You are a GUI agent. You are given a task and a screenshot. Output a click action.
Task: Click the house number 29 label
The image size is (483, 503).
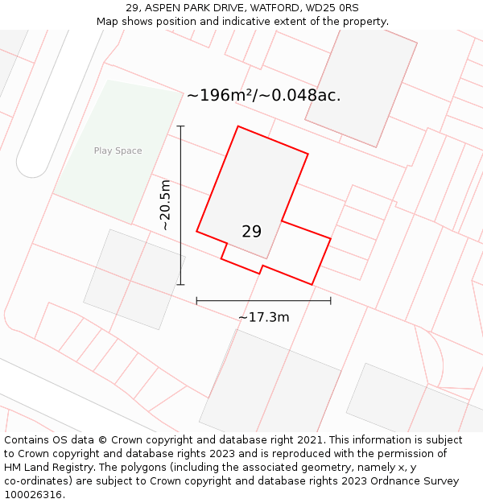[251, 232]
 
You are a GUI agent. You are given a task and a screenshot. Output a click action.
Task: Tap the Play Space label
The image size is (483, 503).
[118, 150]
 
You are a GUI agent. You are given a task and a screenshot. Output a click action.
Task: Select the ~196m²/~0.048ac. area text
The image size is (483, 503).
[263, 95]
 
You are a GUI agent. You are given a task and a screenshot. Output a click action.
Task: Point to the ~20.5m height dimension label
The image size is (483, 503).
[165, 205]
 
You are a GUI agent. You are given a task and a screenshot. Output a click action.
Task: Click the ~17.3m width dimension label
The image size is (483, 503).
[263, 317]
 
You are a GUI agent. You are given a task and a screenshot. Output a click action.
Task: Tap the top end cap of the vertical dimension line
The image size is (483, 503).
[180, 126]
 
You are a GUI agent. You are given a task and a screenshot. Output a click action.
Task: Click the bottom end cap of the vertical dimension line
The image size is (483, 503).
[180, 284]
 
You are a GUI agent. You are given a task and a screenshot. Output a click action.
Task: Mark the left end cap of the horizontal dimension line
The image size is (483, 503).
[196, 301]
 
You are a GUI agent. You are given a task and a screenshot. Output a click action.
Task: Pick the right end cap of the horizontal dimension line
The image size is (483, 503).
[331, 301]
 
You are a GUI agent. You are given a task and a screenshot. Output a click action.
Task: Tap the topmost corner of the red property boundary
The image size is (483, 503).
[237, 126]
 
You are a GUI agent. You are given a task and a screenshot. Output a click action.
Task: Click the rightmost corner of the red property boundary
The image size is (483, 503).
[331, 238]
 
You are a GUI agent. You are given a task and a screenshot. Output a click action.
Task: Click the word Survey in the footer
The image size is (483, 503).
[441, 481]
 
